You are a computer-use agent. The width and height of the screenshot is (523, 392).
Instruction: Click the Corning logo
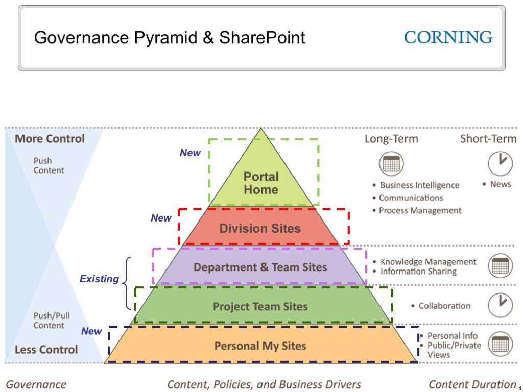point(448,37)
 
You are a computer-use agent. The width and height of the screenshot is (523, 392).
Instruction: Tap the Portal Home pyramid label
point(260,183)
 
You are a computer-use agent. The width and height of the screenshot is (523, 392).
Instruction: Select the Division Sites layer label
point(260,228)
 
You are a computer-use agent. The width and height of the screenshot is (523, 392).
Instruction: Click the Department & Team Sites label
point(260,267)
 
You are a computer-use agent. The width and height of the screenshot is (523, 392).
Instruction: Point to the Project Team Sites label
point(260,307)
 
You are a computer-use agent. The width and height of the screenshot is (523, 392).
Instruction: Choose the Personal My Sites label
point(260,346)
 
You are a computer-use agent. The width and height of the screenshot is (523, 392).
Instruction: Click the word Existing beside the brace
point(99,279)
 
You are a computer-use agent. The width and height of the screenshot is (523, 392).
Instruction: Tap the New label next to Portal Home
point(190,153)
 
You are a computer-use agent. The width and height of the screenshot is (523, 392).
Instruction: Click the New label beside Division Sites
point(161,218)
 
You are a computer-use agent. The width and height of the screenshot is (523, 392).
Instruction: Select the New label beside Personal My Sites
point(91,331)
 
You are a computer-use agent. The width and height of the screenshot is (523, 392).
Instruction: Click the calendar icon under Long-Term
point(391,164)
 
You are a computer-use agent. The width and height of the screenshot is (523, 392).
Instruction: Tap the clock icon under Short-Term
point(500,163)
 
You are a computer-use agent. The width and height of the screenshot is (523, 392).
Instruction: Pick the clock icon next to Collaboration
point(500,305)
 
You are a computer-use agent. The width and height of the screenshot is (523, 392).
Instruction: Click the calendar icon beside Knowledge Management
point(500,266)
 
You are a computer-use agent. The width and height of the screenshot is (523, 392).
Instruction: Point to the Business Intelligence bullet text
point(419,185)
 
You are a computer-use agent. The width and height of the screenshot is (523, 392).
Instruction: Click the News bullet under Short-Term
point(500,184)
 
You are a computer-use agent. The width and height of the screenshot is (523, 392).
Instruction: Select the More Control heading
point(50,139)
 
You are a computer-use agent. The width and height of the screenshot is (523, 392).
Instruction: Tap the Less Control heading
point(46,350)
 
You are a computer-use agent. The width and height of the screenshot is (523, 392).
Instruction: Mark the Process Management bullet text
point(420,210)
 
